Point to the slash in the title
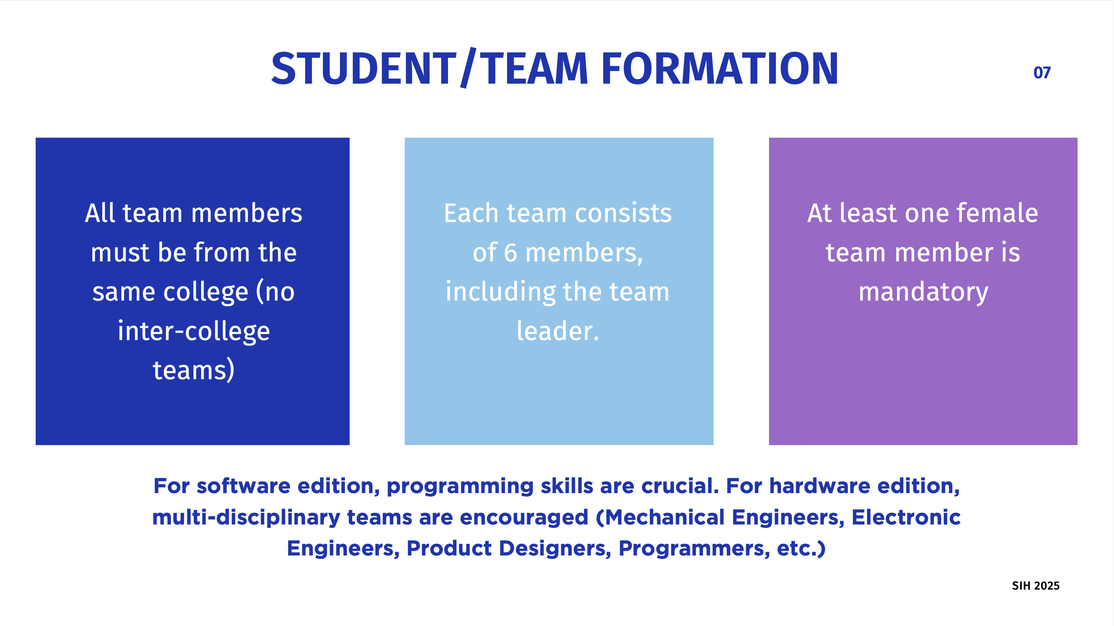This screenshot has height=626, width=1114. [x=468, y=67]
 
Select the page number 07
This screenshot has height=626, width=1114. [x=1042, y=72]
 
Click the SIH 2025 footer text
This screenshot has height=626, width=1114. [x=1036, y=586]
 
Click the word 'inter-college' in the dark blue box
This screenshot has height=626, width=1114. [x=194, y=332]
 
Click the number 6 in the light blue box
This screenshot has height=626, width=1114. [x=511, y=253]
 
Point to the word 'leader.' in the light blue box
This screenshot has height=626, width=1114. [x=558, y=331]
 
